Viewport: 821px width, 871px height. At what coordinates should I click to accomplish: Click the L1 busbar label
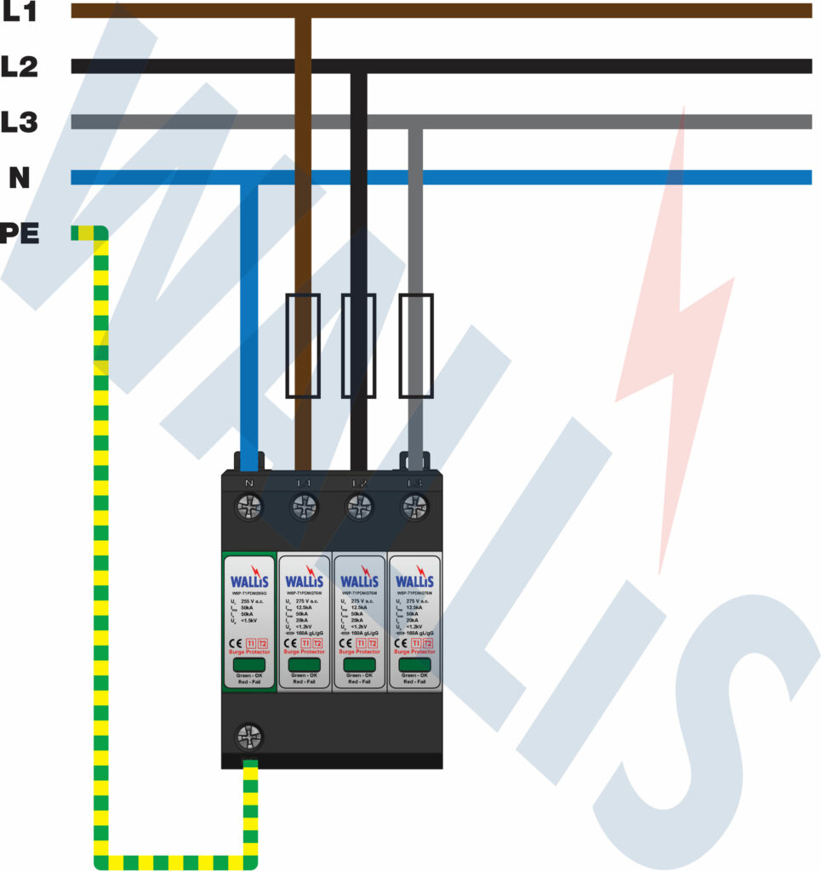pyautogui.click(x=19, y=12)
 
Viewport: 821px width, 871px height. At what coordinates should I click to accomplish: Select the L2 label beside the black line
pyautogui.click(x=19, y=67)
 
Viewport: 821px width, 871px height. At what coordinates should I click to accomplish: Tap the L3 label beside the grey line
pyautogui.click(x=19, y=122)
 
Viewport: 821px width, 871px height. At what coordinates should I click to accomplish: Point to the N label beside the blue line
pyautogui.click(x=19, y=178)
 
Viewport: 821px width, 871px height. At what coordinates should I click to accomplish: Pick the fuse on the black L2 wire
pyautogui.click(x=358, y=345)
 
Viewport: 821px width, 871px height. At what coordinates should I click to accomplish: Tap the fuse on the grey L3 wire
pyautogui.click(x=415, y=345)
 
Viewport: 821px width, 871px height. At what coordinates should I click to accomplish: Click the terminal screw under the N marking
pyautogui.click(x=249, y=509)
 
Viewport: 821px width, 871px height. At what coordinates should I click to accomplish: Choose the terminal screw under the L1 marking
pyautogui.click(x=304, y=509)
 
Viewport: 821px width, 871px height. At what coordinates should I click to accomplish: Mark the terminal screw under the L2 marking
pyautogui.click(x=359, y=509)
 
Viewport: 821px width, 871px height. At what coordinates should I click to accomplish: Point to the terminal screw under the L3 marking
pyautogui.click(x=415, y=509)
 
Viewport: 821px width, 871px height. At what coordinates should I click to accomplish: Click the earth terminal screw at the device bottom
pyautogui.click(x=249, y=736)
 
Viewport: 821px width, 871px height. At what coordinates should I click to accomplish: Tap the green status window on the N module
pyautogui.click(x=248, y=664)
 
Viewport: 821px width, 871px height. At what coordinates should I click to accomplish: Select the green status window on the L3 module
pyautogui.click(x=413, y=664)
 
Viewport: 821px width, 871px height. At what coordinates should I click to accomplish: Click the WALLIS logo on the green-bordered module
pyautogui.click(x=248, y=581)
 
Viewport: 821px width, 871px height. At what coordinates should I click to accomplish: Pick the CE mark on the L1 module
pyautogui.click(x=288, y=642)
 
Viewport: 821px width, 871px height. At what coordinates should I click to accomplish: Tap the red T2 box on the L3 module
pyautogui.click(x=429, y=642)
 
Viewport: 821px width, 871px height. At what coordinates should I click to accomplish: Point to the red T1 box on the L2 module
pyautogui.click(x=361, y=642)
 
